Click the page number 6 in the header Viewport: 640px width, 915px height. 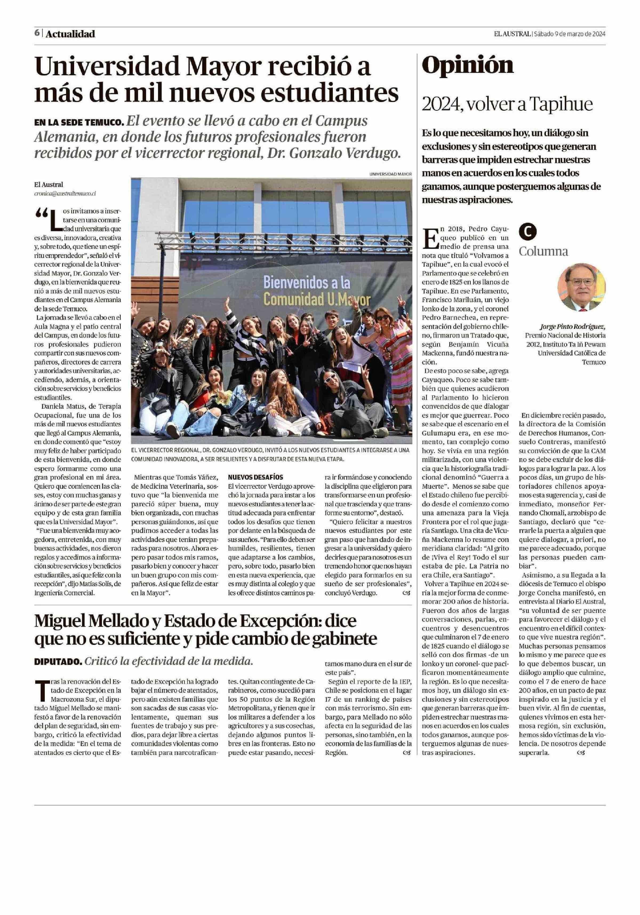coord(37,33)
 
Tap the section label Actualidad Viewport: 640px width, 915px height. coord(70,34)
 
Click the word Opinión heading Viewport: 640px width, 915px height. coord(467,66)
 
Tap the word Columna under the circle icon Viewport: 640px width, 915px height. coord(543,252)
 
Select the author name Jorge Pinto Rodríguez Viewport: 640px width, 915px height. coord(572,327)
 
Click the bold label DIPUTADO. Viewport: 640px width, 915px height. coord(58,662)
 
